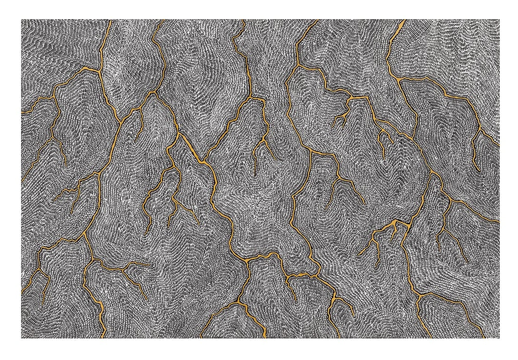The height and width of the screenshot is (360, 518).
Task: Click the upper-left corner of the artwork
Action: click(21, 20)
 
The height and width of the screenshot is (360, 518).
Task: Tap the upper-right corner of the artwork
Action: click(499, 20)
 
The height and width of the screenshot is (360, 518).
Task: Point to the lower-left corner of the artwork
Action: click(21, 338)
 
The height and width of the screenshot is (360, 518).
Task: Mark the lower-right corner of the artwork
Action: click(499, 338)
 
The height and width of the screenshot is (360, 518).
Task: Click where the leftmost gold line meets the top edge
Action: click(110, 20)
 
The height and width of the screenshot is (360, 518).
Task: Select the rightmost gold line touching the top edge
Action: click(404, 20)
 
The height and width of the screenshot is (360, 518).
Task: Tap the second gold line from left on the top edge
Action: click(161, 20)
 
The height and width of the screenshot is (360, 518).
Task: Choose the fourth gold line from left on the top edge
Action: click(316, 20)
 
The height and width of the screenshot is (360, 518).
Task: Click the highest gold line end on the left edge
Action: click(22, 113)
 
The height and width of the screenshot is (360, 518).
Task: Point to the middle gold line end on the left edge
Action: click(22, 180)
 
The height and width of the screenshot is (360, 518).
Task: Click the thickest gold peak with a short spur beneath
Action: click(394, 224)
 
